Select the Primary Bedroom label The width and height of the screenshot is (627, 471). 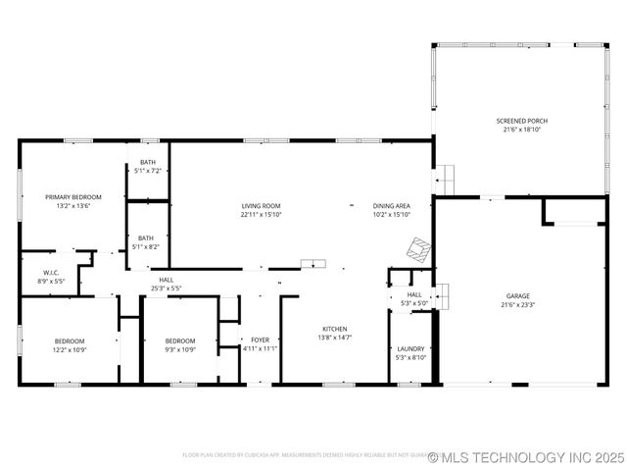(72, 197)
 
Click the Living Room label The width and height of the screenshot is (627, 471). (262, 206)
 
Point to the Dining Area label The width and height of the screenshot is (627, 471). (391, 206)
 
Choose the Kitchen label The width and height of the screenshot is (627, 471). (335, 329)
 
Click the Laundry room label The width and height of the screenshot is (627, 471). (410, 348)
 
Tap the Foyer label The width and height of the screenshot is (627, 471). (260, 340)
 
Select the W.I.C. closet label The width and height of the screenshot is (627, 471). (53, 273)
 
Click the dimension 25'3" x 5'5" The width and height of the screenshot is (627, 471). (167, 288)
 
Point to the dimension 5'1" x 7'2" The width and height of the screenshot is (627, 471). (147, 171)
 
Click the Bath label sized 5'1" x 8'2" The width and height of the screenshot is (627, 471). (146, 237)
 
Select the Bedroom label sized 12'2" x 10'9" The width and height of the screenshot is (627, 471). (70, 340)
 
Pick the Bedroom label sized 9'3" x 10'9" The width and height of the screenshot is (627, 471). (179, 340)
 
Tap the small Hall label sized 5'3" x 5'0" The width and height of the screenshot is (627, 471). (414, 294)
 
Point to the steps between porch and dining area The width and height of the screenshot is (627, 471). (447, 180)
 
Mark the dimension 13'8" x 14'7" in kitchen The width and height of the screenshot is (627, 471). (335, 338)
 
